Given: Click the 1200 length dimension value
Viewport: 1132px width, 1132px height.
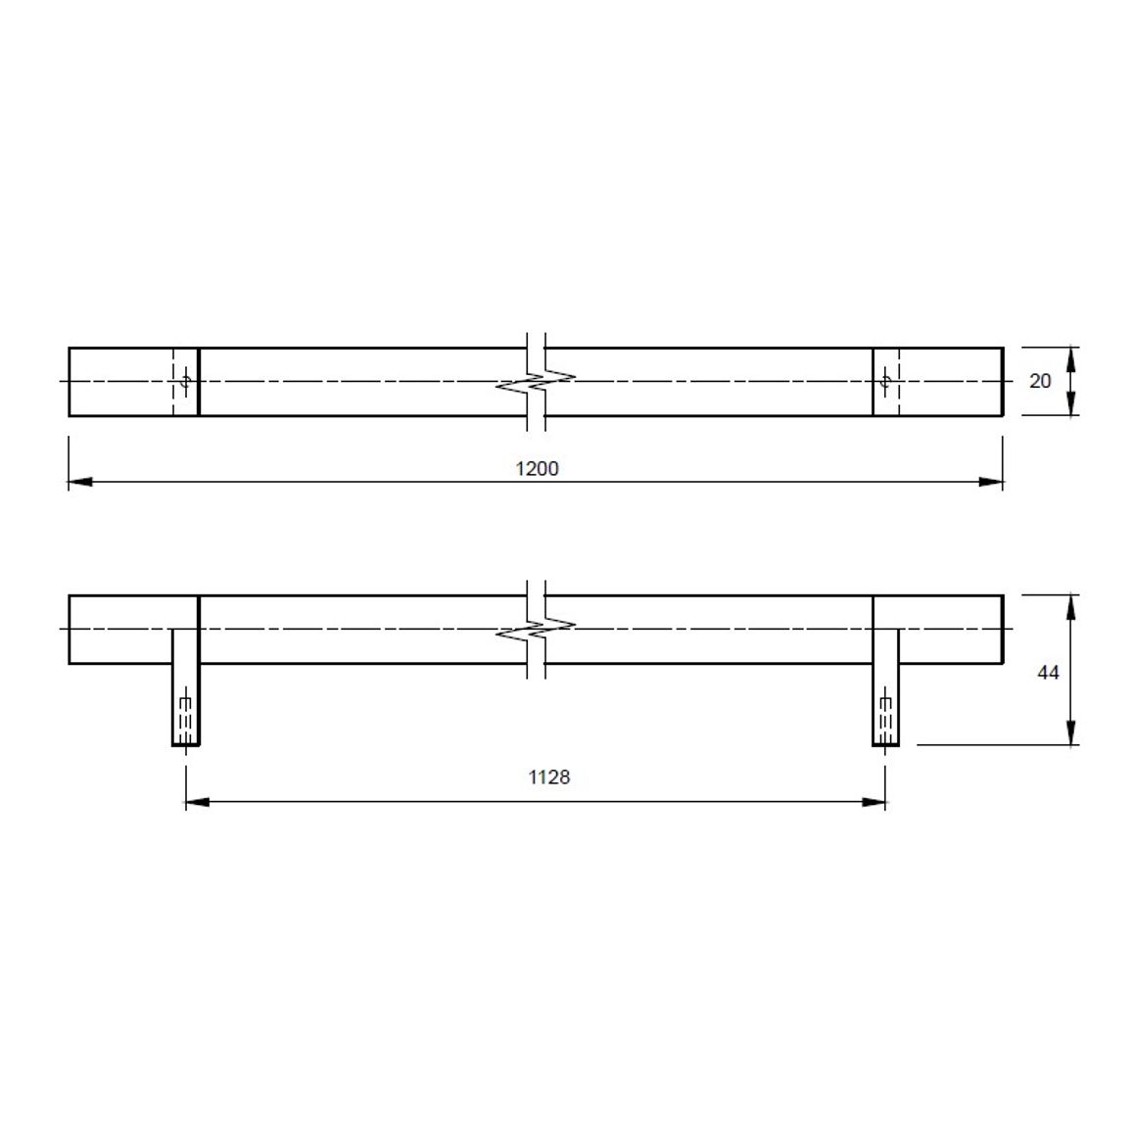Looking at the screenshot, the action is [538, 468].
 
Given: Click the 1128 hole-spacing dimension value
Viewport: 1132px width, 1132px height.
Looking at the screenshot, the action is [548, 777].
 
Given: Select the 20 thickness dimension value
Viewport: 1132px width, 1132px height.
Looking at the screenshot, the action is [1040, 381].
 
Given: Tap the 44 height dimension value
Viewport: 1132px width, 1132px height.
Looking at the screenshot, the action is [1048, 673].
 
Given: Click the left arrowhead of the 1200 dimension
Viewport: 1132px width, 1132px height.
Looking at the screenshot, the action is [80, 482].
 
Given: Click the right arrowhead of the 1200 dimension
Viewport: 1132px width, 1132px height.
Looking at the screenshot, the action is [991, 482].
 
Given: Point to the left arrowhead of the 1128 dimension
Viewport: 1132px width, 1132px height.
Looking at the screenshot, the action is [198, 801].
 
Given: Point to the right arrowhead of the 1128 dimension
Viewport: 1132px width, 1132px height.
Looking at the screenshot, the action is [873, 801].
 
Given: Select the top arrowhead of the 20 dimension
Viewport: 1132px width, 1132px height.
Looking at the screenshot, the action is [1071, 358].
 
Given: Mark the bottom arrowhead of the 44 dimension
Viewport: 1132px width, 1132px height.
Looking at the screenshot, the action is [1071, 732].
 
